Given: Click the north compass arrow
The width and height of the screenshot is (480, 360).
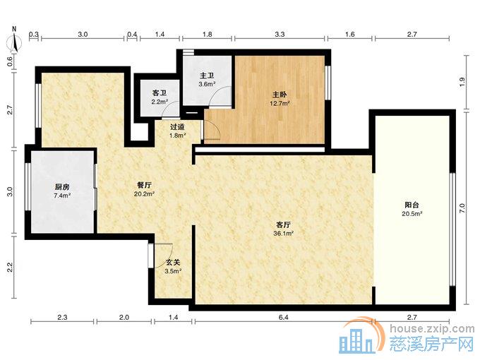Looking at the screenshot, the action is point(14,40).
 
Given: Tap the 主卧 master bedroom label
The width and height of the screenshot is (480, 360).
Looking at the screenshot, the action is point(280,95).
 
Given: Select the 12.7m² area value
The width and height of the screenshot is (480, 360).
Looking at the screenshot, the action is point(280,104).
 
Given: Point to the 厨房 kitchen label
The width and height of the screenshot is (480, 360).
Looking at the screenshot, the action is point(62,187).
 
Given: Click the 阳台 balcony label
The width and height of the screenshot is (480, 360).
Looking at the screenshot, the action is point(412,205).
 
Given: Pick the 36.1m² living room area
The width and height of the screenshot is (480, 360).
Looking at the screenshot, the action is point(284,234).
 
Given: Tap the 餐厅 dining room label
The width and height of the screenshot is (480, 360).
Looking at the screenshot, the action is point(144,185).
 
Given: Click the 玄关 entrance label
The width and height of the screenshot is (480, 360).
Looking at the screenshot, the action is point(173,263).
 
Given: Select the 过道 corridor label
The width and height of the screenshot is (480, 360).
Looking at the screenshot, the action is point(178,126).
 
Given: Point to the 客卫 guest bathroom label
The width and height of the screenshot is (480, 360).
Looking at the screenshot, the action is point(160,93).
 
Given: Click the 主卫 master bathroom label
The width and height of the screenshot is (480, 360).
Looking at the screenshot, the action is point(207,76).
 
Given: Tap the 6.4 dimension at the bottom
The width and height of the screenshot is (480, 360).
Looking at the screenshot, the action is point(284,318).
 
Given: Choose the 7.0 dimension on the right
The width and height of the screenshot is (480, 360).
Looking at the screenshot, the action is point(462,208).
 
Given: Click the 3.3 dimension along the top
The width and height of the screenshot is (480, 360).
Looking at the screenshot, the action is point(280,34).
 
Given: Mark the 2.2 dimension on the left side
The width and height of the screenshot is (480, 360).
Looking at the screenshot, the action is point(10,268).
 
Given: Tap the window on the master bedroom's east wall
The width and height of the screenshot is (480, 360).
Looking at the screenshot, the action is point(328,83).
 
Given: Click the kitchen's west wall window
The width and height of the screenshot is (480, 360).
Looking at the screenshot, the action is point(28,187).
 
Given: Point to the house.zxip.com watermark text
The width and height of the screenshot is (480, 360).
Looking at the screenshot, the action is point(432,329).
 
